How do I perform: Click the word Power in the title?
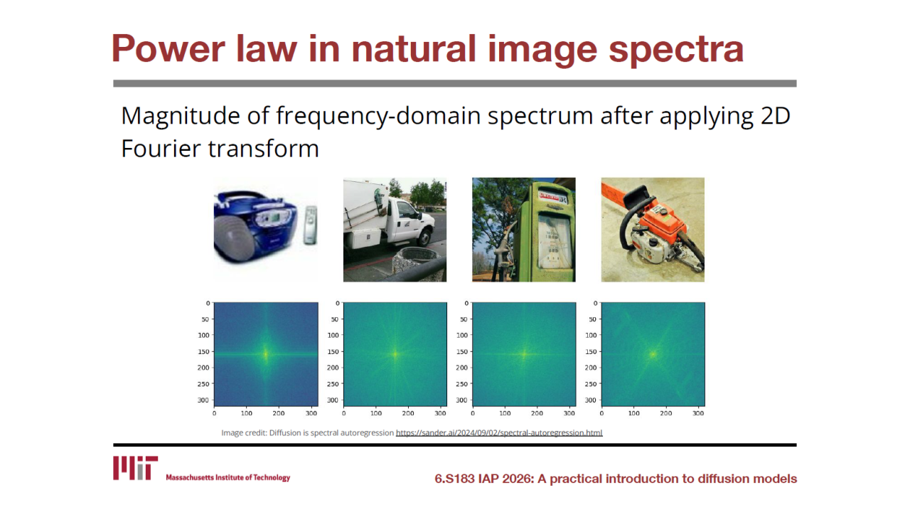168,49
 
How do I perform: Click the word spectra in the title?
676,50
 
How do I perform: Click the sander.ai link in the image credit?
499,433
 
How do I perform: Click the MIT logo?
135,468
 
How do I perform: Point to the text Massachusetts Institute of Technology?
228,477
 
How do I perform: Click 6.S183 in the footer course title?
454,479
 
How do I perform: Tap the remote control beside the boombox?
311,225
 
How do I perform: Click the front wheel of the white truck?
425,237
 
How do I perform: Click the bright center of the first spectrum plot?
266,354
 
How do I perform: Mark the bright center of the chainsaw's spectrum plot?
653,354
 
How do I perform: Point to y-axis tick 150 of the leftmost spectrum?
203,352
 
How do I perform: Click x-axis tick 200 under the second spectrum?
408,413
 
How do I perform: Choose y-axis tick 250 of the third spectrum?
461,384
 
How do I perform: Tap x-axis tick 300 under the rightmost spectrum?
698,413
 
